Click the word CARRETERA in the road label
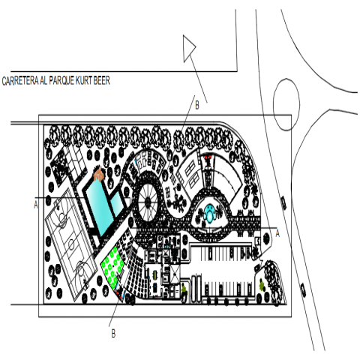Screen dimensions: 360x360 [20, 81]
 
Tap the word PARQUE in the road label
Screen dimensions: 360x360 [61, 80]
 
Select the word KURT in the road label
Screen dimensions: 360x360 [84, 80]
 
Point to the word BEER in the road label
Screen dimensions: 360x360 [102, 80]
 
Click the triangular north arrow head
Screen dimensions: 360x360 [189, 48]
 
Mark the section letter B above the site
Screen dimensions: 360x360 [197, 106]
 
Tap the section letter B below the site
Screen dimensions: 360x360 [113, 334]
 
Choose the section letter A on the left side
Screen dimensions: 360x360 [36, 205]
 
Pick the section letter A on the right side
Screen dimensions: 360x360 [277, 233]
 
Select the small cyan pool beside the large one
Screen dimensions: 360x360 [117, 205]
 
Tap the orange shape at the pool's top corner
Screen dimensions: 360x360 [99, 174]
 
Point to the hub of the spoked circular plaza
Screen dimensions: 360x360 [148, 201]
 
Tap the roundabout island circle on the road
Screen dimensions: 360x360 [286, 104]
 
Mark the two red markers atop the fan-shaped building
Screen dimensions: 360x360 [208, 157]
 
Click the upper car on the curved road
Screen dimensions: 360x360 [283, 203]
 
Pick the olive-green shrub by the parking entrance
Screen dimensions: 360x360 [262, 285]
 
